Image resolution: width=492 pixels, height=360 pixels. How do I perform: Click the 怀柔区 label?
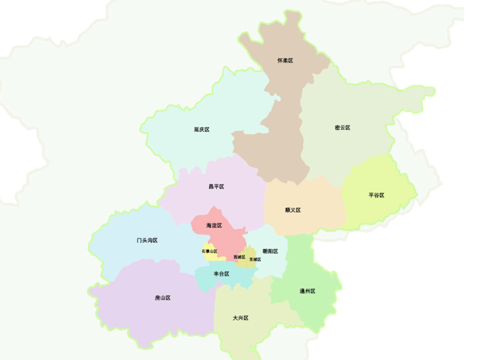click(285, 60)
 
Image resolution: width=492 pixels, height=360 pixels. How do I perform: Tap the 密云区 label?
click(342, 127)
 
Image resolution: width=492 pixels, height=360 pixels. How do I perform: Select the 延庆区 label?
click(202, 129)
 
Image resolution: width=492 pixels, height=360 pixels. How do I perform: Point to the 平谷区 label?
click(376, 195)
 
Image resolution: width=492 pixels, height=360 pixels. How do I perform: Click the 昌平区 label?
click(216, 186)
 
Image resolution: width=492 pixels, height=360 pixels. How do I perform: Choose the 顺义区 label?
click(293, 210)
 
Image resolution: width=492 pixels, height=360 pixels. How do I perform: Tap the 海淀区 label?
click(214, 225)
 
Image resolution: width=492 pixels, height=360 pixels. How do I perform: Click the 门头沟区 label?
click(147, 240)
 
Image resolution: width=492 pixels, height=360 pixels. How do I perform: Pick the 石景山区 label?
click(209, 251)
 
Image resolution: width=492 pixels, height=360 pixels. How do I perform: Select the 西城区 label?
click(239, 257)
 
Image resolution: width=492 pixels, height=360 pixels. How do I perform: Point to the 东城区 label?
click(255, 259)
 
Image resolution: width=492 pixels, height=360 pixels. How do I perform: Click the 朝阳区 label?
click(270, 251)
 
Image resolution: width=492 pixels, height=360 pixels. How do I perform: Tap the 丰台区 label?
click(221, 273)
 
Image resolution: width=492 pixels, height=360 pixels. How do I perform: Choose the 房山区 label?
click(162, 298)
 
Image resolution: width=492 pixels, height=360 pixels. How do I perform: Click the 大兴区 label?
click(241, 318)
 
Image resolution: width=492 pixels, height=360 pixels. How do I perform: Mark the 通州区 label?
click(307, 291)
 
